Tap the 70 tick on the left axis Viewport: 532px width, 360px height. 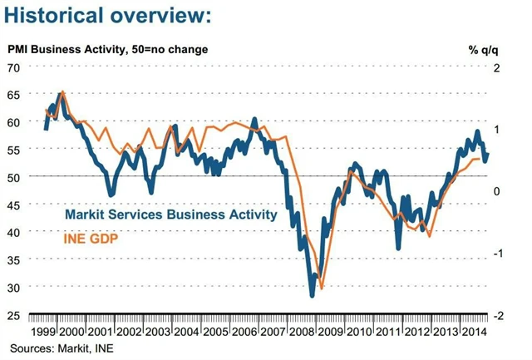point(13,67)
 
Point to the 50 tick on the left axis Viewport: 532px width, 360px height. point(13,177)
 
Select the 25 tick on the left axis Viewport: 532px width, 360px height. point(13,315)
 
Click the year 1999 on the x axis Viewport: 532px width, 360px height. point(44,331)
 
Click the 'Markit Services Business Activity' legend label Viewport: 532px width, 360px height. point(170,215)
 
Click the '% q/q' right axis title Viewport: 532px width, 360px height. point(482,49)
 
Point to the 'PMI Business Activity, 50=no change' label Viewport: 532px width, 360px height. point(108,49)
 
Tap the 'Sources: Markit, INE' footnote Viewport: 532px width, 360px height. point(62,347)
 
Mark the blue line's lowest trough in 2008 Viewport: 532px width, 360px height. point(312,295)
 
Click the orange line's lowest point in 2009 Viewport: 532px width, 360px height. point(321,288)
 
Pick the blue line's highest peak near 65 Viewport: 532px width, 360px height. point(62,92)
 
